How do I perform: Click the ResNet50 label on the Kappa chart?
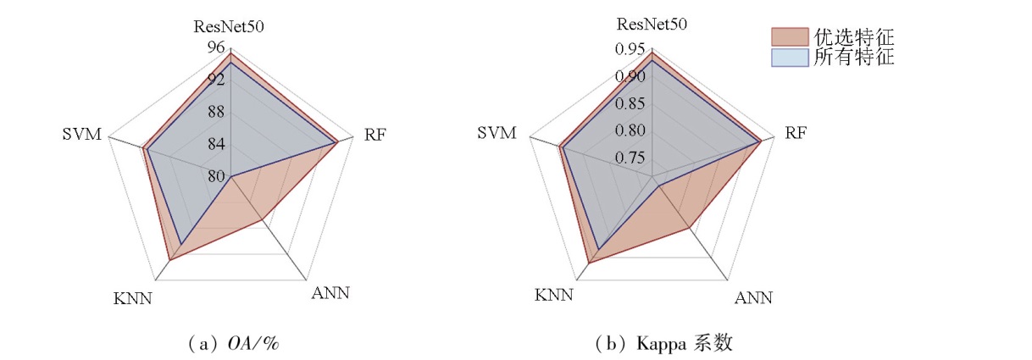coord(652,24)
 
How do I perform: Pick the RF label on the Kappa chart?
coord(796,133)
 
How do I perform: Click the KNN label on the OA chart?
coord(133,298)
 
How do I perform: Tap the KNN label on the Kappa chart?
coord(555,295)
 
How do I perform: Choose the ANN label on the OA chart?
coord(330,294)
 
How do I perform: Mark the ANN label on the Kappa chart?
coord(752,297)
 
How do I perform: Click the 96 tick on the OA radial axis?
coord(216,47)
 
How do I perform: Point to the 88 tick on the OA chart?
coord(216,112)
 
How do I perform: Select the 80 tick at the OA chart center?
coord(216,176)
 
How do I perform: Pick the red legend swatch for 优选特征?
coord(790,37)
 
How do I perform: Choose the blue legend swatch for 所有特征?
coord(790,58)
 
